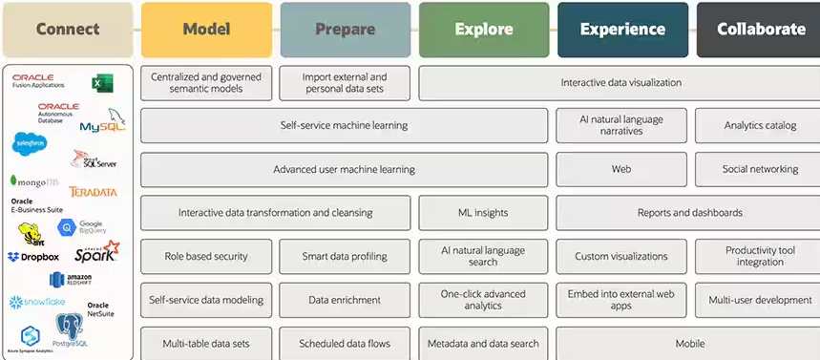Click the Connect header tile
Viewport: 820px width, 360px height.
pos(67,29)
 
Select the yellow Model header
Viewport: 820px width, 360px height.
pos(206,29)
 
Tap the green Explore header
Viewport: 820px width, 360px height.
pos(483,29)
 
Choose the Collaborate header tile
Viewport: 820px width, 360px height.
pos(760,29)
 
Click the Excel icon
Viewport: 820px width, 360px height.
pos(102,84)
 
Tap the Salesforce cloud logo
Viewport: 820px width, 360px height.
pos(30,143)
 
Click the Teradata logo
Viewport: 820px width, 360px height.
pos(93,192)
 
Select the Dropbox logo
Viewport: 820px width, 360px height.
pos(34,257)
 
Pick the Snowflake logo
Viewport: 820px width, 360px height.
pos(37,302)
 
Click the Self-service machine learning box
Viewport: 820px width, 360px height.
pos(344,125)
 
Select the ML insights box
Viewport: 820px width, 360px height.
pos(483,213)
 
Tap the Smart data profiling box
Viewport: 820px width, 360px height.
pos(345,256)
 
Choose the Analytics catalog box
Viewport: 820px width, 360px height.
pos(760,125)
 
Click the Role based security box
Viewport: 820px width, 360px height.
pos(206,256)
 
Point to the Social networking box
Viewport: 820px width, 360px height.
pos(760,169)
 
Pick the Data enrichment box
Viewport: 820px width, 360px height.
pos(345,300)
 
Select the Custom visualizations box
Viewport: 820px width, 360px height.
pos(621,256)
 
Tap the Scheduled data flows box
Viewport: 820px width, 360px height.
pos(345,344)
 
